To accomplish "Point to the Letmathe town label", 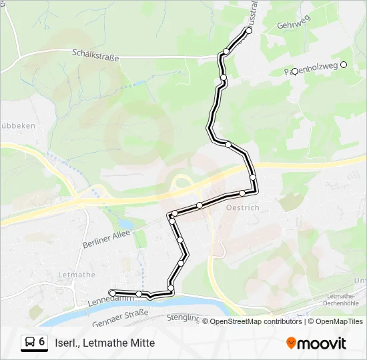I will pyautogui.click(x=76, y=275).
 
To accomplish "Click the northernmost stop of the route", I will pyautogui.click(x=249, y=31).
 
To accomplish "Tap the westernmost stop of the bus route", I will pyautogui.click(x=112, y=293).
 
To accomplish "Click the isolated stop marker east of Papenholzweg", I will pyautogui.click(x=344, y=65).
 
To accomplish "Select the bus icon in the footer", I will pyautogui.click(x=30, y=342).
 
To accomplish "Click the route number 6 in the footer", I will pyautogui.click(x=42, y=342).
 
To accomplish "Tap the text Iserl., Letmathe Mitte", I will pyautogui.click(x=105, y=343).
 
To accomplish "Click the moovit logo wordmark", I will pyautogui.click(x=322, y=343).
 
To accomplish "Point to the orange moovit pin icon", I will pyautogui.click(x=292, y=343).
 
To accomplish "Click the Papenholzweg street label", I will pyautogui.click(x=311, y=69).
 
